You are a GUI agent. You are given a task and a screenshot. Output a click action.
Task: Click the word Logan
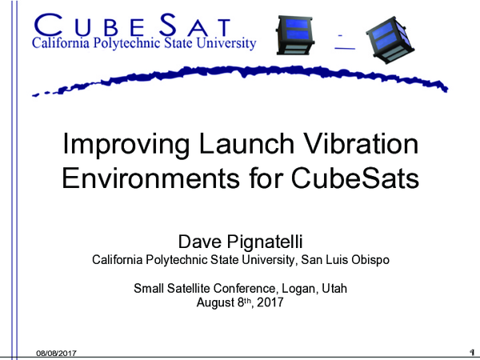coord(295,289)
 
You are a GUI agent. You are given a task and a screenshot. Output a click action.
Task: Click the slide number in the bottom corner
coord(471,352)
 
